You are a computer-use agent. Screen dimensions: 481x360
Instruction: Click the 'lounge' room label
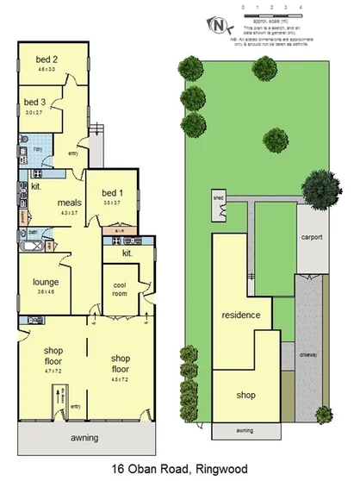[45, 281]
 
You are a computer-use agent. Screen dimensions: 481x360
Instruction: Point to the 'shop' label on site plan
[247, 396]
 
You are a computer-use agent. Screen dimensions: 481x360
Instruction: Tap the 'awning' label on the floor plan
[84, 438]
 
